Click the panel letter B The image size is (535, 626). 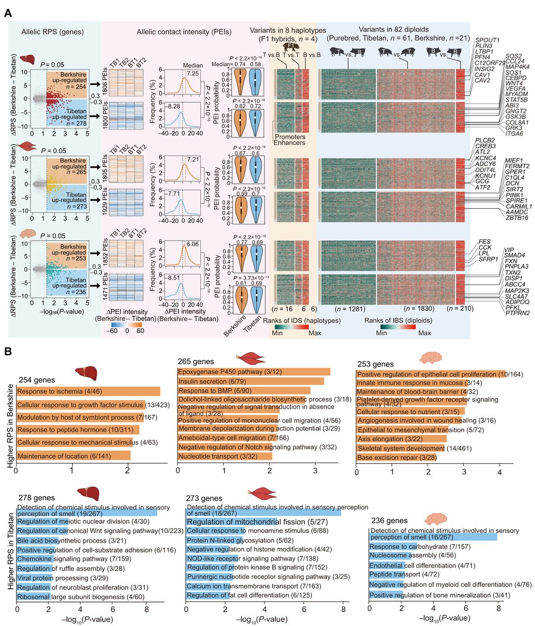click(8, 351)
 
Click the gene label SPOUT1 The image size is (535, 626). click(488, 40)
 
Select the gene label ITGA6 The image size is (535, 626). click(514, 134)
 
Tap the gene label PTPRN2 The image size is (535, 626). click(517, 313)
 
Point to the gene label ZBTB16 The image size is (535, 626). click(516, 218)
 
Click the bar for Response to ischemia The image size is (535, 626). click(88, 391)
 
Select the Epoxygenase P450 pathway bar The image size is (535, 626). click(254, 372)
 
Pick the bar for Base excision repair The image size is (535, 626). click(396, 458)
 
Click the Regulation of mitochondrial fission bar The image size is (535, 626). click(232, 522)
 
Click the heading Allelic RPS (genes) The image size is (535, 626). click(53, 32)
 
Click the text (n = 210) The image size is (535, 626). click(460, 309)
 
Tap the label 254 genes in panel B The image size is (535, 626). click(37, 380)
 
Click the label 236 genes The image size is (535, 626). click(389, 520)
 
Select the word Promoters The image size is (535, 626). click(290, 137)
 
